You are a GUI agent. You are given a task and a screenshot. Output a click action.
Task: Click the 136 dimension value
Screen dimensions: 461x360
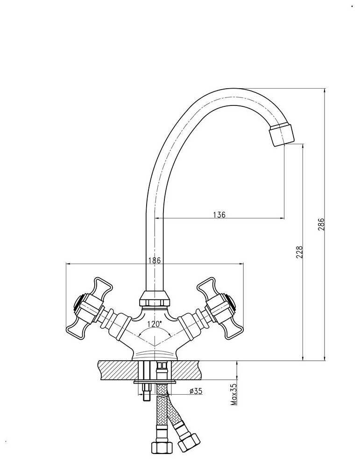[x=219, y=215]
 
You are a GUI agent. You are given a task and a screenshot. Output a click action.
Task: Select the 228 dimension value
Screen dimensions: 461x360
[x=300, y=252]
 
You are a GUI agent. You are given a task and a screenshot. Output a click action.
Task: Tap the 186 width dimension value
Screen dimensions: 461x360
[x=155, y=261]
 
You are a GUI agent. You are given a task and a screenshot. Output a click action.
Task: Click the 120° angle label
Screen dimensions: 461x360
[x=155, y=323]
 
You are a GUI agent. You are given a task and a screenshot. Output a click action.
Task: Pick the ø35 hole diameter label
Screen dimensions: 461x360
[x=196, y=391]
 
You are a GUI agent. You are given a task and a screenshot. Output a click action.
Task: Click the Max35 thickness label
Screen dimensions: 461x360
[x=234, y=395]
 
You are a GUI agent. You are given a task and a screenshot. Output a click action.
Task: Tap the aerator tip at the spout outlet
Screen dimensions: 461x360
[x=282, y=135]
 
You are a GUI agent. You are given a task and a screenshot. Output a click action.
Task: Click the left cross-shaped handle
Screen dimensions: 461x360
[x=87, y=308]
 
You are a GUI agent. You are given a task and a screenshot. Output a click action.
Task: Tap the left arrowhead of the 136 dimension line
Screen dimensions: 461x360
[x=157, y=218]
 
